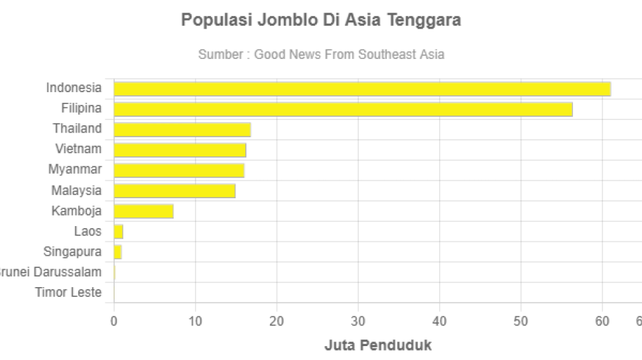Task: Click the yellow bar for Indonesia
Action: (362, 89)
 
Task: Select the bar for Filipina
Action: (343, 109)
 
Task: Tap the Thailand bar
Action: (182, 129)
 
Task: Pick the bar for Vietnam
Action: (180, 150)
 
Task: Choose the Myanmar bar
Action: (179, 170)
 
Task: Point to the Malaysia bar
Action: (174, 191)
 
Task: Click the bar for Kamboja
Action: (144, 211)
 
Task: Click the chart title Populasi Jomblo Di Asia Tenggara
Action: (321, 20)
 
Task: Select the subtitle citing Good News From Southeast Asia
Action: (321, 54)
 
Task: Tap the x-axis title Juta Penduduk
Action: (378, 345)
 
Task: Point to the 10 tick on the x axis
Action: (195, 322)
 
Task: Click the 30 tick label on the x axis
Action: (358, 322)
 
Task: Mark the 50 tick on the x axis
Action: (521, 322)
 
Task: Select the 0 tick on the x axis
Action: (114, 322)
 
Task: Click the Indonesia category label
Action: (74, 88)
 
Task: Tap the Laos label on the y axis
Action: (88, 231)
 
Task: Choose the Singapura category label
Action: (72, 252)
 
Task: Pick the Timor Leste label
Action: (68, 292)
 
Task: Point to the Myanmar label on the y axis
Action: (75, 170)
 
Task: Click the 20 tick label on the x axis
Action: (277, 322)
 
